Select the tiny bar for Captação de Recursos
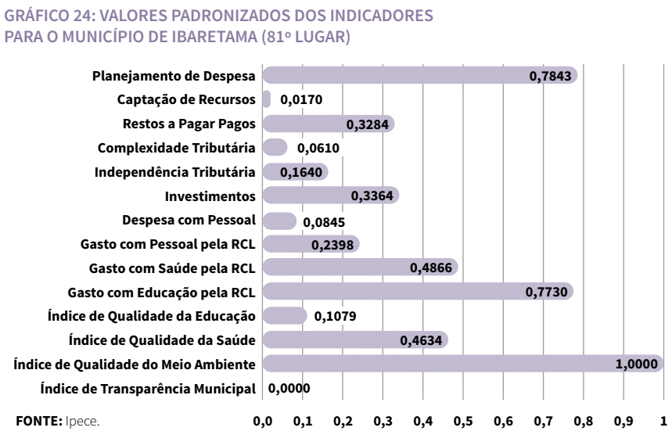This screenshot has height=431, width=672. [266, 99]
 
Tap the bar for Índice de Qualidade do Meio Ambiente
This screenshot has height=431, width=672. [462, 364]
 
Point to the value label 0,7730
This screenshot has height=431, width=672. [548, 293]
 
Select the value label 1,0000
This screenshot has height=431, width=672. [638, 365]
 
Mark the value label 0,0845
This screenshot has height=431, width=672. [324, 221]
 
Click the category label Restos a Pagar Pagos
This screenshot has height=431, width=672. [189, 124]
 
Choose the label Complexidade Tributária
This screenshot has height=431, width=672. [176, 148]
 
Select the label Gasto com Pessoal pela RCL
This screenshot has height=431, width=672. [167, 244]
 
